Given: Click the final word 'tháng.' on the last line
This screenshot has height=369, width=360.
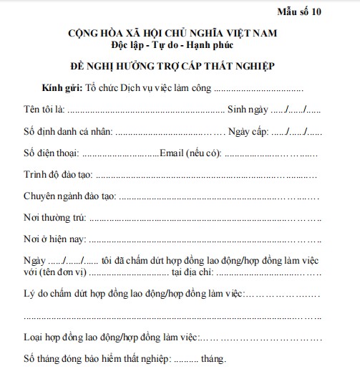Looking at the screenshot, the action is pyautogui.click(x=213, y=358).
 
